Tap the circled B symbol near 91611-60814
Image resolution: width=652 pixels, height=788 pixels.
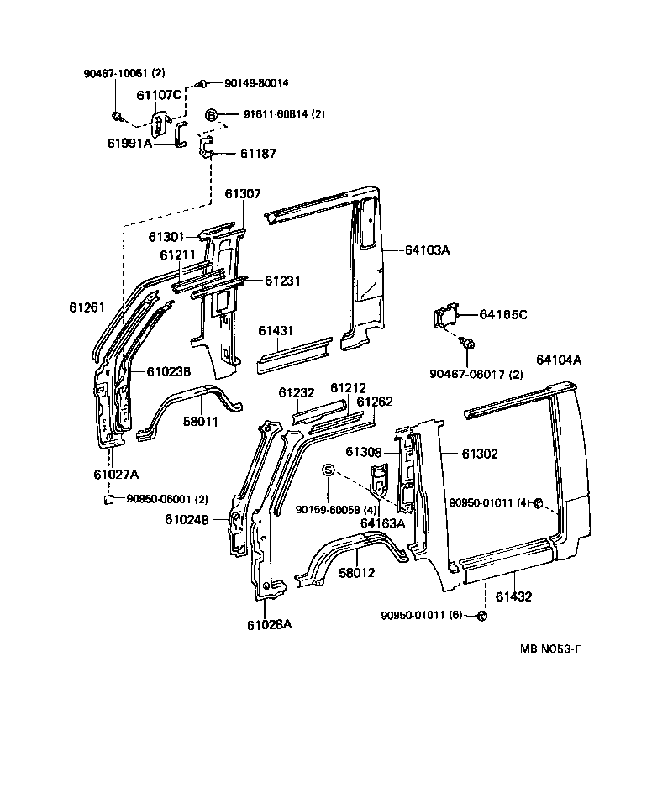[212, 114]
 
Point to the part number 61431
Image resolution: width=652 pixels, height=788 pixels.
[275, 330]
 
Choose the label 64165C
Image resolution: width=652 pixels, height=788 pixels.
[503, 314]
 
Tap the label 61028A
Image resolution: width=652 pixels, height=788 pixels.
[269, 624]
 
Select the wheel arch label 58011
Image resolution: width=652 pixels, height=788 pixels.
[201, 420]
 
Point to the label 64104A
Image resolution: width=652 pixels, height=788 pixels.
[559, 360]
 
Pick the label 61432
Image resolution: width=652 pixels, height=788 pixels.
[513, 596]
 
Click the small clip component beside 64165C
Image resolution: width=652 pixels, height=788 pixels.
[446, 319]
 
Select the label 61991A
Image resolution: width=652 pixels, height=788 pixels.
[129, 143]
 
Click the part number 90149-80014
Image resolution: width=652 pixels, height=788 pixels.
[256, 83]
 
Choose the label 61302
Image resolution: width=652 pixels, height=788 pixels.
[480, 454]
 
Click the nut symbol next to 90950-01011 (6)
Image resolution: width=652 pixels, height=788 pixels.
[482, 617]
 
